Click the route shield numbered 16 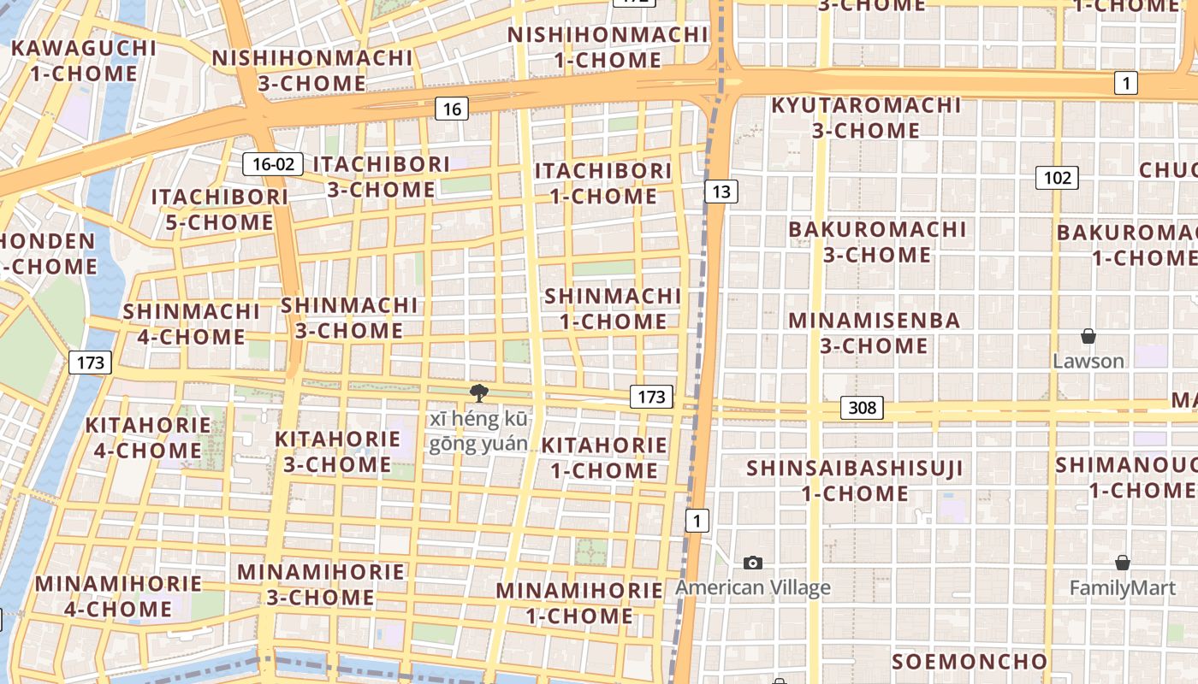(x=452, y=109)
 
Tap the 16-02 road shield (x=273, y=164)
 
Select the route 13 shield (x=721, y=192)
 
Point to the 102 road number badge (x=1057, y=178)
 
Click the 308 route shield (x=862, y=408)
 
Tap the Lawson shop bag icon (x=1088, y=336)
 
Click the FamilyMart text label (x=1122, y=588)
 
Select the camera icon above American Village (x=753, y=563)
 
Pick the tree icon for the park (x=479, y=393)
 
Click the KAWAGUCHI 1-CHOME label (x=84, y=61)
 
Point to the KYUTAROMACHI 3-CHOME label (x=866, y=118)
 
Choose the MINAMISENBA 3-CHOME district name (x=874, y=333)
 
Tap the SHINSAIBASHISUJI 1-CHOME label (x=854, y=481)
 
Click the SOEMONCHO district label (x=969, y=662)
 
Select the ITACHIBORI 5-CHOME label (x=220, y=209)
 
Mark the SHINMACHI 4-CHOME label (x=191, y=324)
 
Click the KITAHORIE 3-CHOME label (x=337, y=451)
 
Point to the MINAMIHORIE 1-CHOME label (x=579, y=603)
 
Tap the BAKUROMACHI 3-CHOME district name (x=877, y=242)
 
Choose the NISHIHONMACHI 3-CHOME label (x=312, y=70)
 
